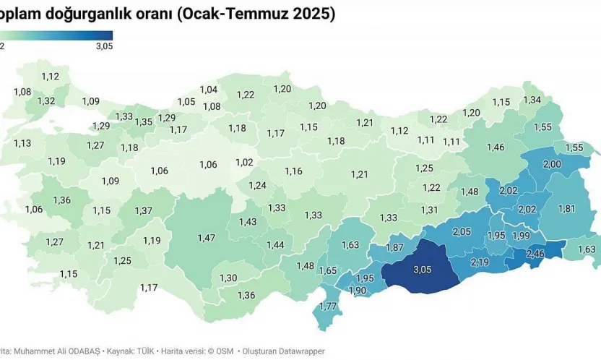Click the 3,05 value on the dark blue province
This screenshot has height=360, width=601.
click(422, 270)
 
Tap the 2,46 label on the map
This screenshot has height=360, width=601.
click(535, 254)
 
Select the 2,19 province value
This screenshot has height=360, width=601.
click(480, 262)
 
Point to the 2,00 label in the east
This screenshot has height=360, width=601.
click(551, 165)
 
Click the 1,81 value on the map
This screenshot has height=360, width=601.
click(566, 209)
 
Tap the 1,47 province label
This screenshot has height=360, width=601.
click(207, 237)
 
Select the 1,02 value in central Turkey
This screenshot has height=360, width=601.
click(244, 163)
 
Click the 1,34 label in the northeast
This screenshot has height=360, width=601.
click(532, 100)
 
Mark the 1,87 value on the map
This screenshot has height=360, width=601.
click(394, 247)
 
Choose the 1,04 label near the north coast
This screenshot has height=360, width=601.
click(208, 90)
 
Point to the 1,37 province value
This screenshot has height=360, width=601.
click(143, 210)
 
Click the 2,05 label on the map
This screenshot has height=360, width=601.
click(462, 231)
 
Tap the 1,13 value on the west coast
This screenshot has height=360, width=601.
click(22, 143)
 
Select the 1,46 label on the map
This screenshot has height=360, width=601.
click(496, 147)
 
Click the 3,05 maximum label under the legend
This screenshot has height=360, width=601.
click(103, 46)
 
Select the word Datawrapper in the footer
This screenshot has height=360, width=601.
click(293, 351)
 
